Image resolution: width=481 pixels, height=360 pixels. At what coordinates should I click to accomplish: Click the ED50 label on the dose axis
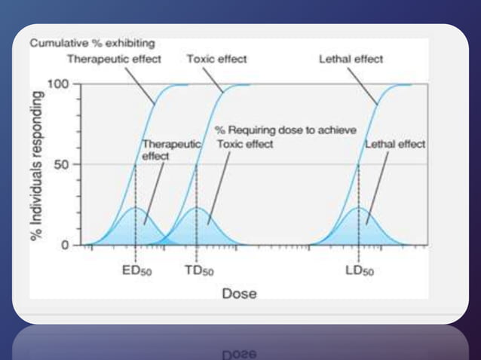[x=136, y=270]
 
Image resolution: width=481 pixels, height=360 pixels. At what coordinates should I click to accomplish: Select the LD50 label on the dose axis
[x=359, y=270]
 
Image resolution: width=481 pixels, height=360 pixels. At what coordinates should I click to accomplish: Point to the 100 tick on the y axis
[x=59, y=83]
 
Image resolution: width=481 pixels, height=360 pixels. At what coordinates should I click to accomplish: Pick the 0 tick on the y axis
[x=65, y=245]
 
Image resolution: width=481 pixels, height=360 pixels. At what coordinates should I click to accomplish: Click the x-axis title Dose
[x=239, y=293]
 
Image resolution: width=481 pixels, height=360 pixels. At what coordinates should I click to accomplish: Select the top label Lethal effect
[x=352, y=59]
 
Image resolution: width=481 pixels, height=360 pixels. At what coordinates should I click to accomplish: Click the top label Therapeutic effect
[x=115, y=59]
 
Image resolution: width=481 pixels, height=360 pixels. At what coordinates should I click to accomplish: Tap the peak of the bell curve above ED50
[x=135, y=208]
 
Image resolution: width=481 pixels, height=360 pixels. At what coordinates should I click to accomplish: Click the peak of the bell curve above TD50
[x=196, y=208]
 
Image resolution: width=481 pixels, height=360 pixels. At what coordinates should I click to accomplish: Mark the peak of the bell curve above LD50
[x=359, y=208]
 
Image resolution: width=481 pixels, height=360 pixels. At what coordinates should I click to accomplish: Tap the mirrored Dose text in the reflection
[x=239, y=352]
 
